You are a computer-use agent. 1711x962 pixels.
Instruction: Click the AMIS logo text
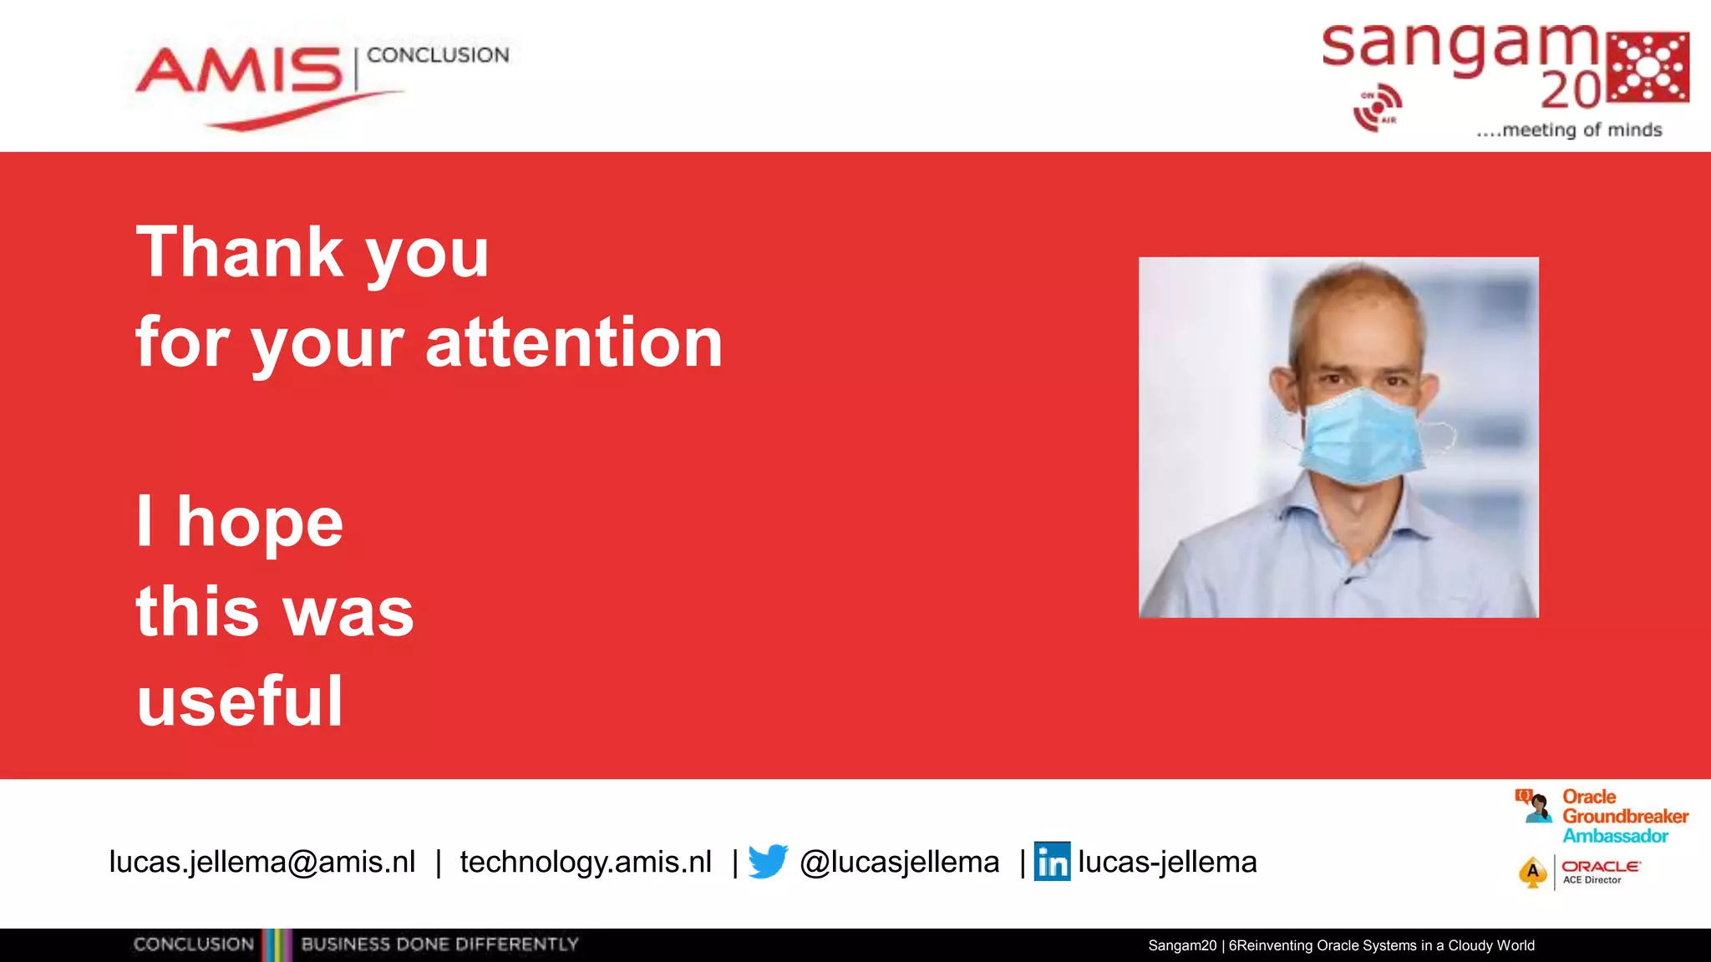coord(240,70)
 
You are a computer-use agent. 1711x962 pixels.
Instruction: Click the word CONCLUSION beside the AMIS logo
coord(438,55)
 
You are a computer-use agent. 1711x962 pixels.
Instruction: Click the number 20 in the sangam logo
coord(1571,90)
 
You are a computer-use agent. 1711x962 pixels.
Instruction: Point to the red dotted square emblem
coord(1648,67)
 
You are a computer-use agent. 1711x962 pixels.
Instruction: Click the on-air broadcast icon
coord(1377,107)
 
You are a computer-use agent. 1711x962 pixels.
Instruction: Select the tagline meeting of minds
coord(1569,130)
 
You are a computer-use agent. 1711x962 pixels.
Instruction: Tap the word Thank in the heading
coord(240,252)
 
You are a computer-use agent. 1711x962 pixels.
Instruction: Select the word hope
coord(259,524)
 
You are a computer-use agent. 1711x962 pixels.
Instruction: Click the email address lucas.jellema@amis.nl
coord(261,862)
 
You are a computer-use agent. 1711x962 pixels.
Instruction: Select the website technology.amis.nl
coord(585,862)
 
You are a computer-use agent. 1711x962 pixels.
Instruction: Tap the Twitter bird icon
coord(768,861)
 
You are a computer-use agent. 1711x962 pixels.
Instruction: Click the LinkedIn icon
coord(1052,862)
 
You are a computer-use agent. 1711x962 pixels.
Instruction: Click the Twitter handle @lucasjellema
coord(899,862)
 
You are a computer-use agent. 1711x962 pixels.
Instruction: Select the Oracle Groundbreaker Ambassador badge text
coord(1623,816)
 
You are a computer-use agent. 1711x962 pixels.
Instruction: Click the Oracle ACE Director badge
coord(1579,873)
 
